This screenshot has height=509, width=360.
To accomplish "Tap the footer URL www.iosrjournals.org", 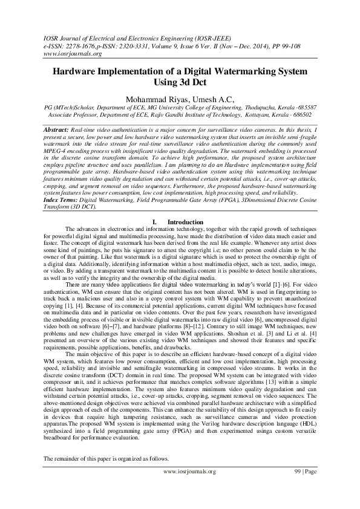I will (189, 487).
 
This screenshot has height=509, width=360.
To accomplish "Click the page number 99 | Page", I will (304, 487).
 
